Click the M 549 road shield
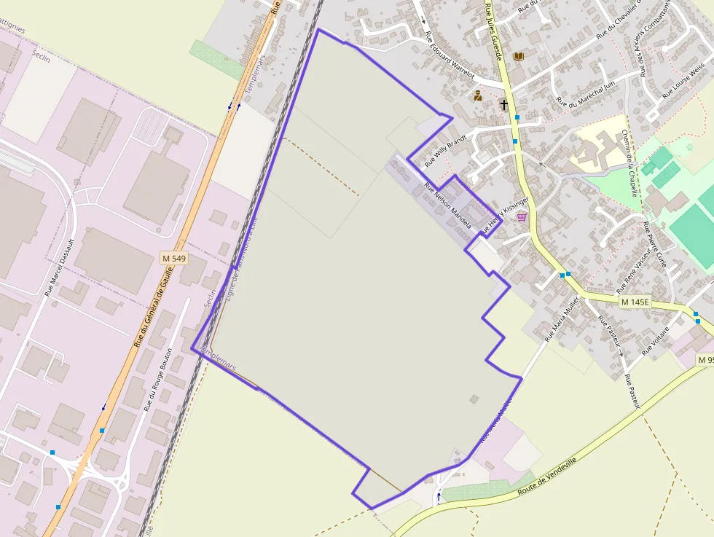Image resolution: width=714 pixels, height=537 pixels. [x=175, y=258]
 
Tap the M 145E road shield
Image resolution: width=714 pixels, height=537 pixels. [x=635, y=302]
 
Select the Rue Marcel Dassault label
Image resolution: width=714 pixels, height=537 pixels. [x=60, y=266]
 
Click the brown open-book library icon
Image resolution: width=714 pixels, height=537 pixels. [x=519, y=56]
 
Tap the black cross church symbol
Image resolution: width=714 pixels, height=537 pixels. [x=503, y=105]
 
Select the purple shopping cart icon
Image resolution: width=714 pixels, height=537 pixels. [x=522, y=216]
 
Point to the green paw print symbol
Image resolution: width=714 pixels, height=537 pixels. [x=689, y=146]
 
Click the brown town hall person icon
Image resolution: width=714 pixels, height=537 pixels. [x=478, y=95]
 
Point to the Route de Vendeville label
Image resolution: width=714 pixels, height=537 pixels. [x=546, y=477]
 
